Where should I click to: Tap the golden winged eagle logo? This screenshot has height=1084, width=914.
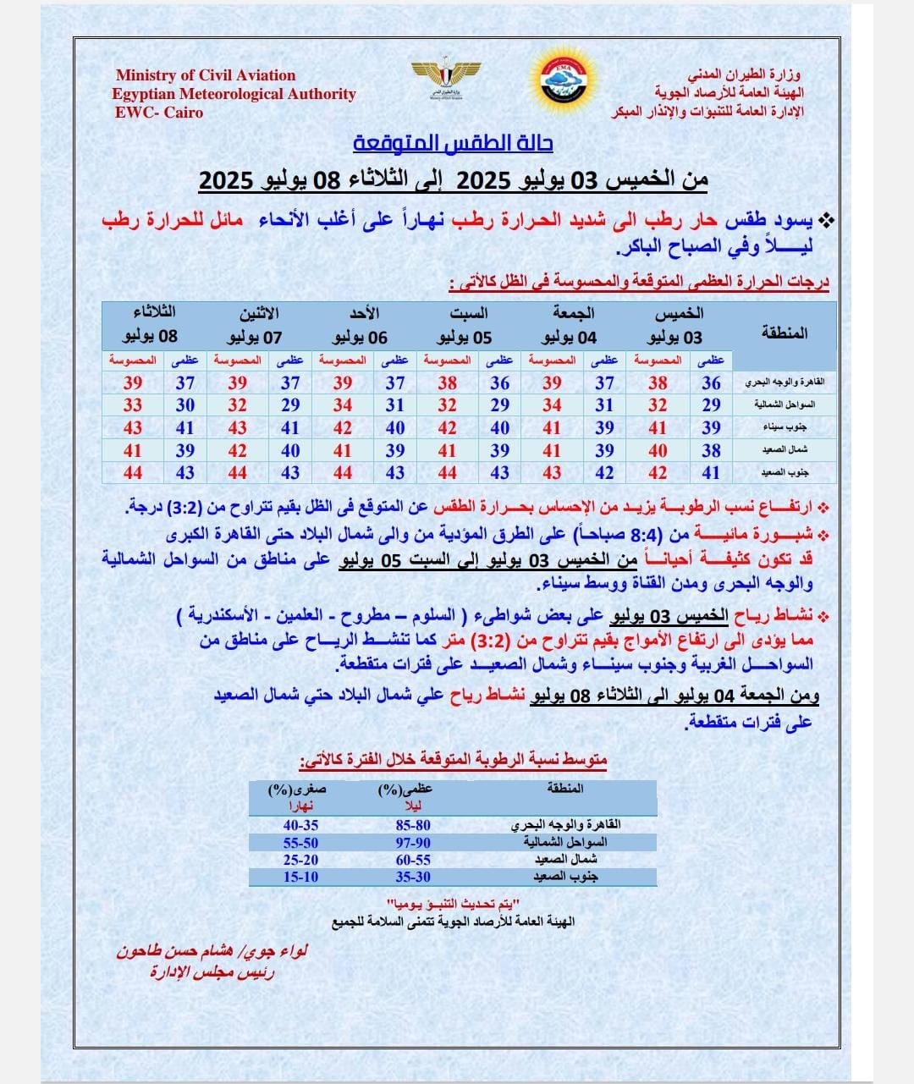click(x=445, y=77)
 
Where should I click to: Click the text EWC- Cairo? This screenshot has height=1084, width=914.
click(x=159, y=112)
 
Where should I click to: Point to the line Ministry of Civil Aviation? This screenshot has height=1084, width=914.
click(x=206, y=75)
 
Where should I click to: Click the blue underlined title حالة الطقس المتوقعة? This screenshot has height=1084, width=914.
click(x=453, y=142)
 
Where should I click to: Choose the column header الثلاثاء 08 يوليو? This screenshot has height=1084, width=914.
click(x=150, y=325)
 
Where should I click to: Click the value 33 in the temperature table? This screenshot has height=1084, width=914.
click(x=133, y=405)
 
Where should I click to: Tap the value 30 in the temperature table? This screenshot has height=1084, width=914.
click(x=185, y=405)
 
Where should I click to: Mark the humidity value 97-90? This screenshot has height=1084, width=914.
click(x=412, y=843)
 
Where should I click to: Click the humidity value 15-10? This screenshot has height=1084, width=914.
click(x=300, y=877)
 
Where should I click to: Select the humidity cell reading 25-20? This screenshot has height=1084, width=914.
click(x=300, y=860)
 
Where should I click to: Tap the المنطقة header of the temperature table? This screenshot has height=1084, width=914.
click(x=784, y=333)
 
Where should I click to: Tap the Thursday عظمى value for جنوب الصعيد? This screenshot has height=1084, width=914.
click(x=711, y=473)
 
